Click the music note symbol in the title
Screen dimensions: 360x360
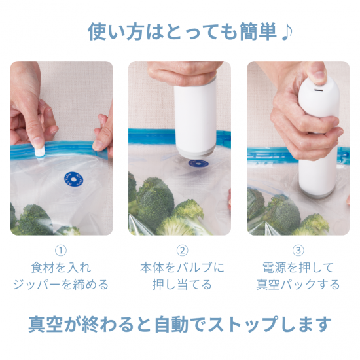pos(287,31)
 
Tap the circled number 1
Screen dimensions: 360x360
pos(61,251)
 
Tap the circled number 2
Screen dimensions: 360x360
pos(183,251)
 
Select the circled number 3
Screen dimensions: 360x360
pos(298,251)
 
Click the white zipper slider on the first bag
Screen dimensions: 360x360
pos(40,151)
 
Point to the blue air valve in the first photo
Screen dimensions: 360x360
pos(73,179)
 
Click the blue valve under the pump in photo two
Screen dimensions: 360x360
pos(198,164)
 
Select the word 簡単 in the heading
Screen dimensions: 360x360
pos(259,31)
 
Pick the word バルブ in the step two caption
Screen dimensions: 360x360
pos(194,268)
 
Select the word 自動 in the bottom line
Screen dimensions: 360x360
pos(171,325)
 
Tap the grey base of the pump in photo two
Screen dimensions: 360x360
pos(196,152)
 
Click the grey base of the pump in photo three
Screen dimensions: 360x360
pos(318,192)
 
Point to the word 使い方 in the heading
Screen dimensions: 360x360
pos(116,31)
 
